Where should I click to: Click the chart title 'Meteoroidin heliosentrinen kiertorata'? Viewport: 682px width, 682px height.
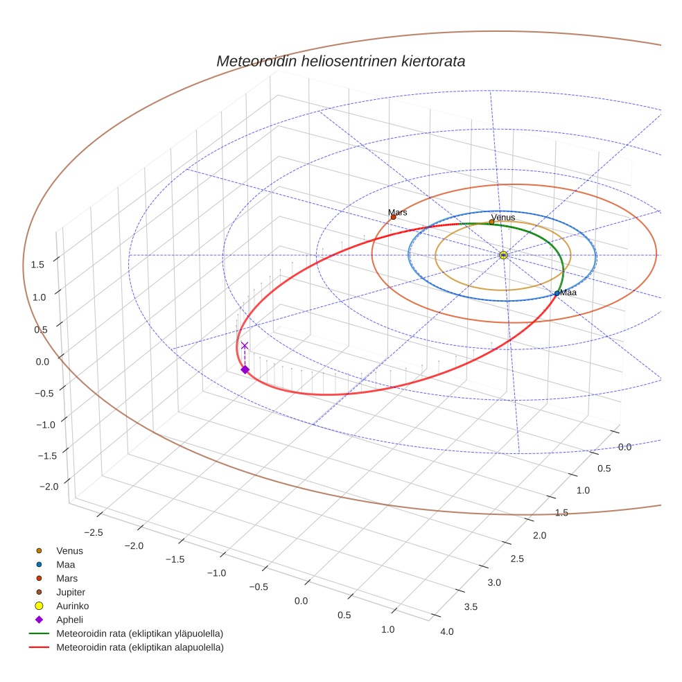click(340, 61)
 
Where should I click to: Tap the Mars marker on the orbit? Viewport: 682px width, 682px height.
click(393, 217)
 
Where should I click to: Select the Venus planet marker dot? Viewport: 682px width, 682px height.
click(491, 222)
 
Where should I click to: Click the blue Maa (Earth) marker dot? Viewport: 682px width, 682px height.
click(557, 293)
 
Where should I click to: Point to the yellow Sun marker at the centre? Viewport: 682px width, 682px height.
click(503, 255)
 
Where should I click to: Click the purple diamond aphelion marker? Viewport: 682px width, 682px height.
click(245, 369)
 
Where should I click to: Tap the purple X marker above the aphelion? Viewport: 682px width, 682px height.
click(244, 345)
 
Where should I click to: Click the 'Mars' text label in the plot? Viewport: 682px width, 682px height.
click(398, 212)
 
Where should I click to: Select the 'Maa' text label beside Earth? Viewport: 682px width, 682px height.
click(568, 292)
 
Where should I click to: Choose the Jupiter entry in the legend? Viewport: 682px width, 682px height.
click(70, 592)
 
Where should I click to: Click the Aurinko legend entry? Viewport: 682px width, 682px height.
click(72, 606)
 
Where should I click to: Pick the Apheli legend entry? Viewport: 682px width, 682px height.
click(69, 620)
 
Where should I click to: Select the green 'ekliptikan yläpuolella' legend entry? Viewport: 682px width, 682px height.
click(139, 633)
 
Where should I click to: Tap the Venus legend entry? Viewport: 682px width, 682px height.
click(69, 550)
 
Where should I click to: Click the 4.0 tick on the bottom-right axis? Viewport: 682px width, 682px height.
click(447, 631)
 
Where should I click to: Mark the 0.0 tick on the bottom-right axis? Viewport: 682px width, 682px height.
click(624, 447)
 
